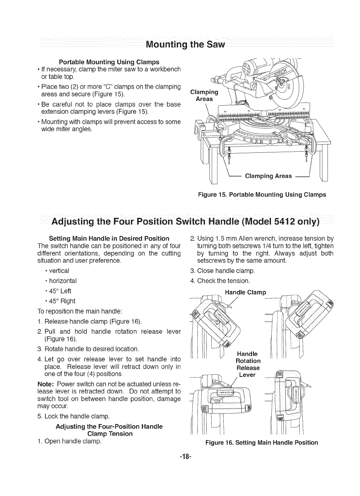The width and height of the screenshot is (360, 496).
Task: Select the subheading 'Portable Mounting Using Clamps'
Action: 109,62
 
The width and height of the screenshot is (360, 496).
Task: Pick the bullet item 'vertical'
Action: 59,270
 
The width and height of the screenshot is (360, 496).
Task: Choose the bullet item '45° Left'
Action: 60,291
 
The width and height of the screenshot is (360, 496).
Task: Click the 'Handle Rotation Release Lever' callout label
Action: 248,364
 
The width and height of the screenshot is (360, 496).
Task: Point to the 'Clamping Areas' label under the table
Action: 268,176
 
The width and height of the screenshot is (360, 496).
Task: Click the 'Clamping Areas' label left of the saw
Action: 205,96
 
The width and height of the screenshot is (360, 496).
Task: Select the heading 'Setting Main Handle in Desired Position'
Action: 109,238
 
